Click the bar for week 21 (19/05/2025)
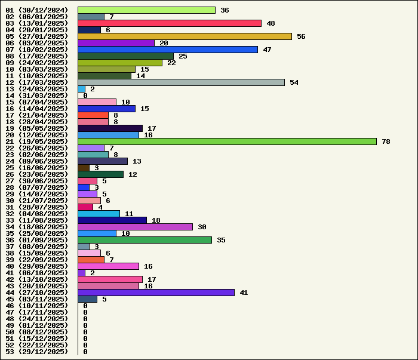tap(227, 141)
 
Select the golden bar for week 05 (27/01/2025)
tap(185, 36)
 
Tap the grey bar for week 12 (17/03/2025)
tap(181, 82)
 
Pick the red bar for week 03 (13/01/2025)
tap(170, 23)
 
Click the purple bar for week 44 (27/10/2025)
tap(156, 293)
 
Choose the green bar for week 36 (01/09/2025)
tap(145, 240)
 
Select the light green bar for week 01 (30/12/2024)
tap(146, 10)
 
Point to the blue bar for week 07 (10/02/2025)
tap(168, 50)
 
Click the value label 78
tap(386, 141)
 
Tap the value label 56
tap(301, 36)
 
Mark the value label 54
tap(294, 82)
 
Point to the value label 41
tap(244, 293)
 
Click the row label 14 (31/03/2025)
tap(36, 96)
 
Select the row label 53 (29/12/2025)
tap(36, 352)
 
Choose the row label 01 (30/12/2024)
tap(36, 10)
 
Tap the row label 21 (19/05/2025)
tap(36, 141)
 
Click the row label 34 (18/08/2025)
tap(36, 227)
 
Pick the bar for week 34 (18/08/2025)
tap(135, 227)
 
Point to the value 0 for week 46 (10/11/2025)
tap(85, 306)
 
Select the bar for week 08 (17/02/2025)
tap(125, 56)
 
